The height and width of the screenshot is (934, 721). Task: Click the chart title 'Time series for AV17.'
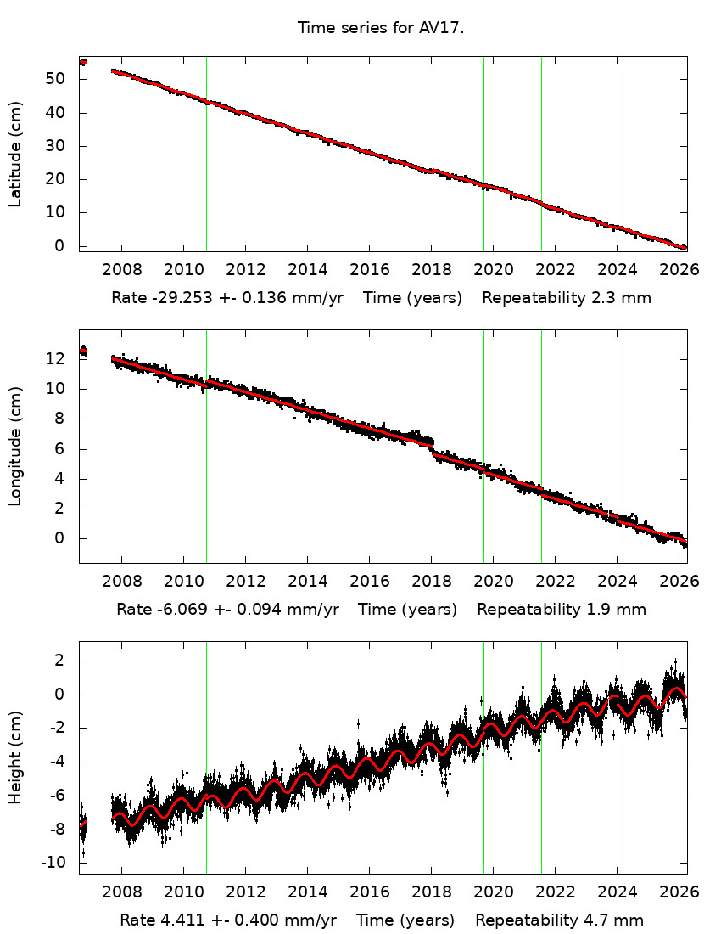tap(380, 28)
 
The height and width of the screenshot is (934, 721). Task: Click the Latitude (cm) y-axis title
tap(15, 155)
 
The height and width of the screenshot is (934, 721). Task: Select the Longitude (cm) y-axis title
tap(15, 446)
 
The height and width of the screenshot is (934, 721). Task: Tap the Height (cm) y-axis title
tap(15, 757)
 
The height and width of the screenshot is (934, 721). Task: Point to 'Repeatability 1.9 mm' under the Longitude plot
tap(562, 609)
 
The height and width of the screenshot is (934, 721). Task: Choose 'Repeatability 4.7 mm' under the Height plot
tap(559, 920)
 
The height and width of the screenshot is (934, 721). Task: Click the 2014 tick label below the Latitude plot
tap(307, 269)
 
